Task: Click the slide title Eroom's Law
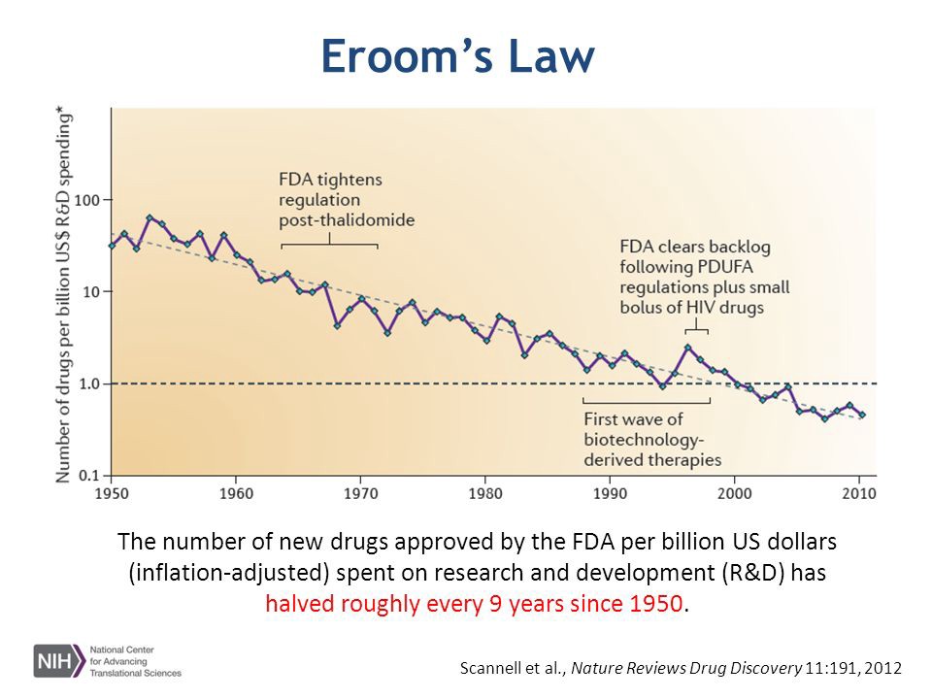[x=456, y=56]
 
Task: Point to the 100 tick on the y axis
[x=88, y=200]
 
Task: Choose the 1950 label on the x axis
[x=113, y=493]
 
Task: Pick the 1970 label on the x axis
[x=360, y=493]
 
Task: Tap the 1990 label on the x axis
[x=610, y=493]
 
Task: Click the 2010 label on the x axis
[x=857, y=493]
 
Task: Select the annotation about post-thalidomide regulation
[x=346, y=199]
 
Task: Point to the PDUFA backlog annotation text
[x=704, y=277]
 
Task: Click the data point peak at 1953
[x=150, y=217]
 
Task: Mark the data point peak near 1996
[x=687, y=348]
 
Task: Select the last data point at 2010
[x=862, y=415]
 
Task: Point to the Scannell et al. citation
[x=681, y=668]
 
